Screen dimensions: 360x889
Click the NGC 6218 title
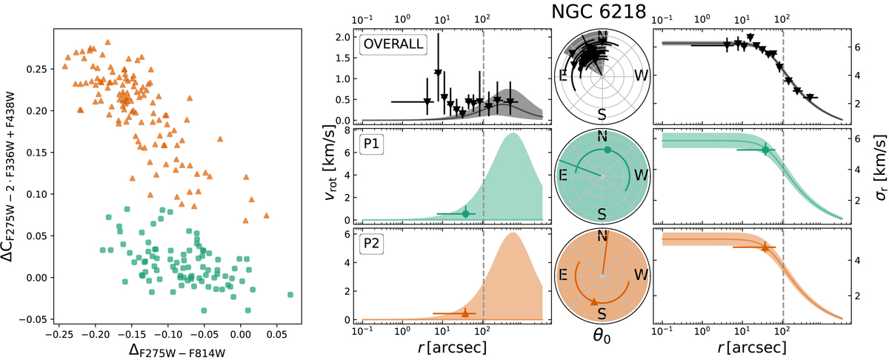click(x=602, y=11)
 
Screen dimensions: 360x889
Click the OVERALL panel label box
click(x=393, y=44)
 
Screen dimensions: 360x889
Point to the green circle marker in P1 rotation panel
click(x=465, y=213)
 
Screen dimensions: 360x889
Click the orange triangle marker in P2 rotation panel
click(x=465, y=314)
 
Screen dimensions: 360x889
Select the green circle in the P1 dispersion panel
click(x=765, y=150)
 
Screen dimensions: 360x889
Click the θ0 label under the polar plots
click(x=602, y=344)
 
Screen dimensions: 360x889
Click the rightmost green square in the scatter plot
click(x=290, y=294)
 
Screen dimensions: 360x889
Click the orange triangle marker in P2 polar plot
click(x=593, y=302)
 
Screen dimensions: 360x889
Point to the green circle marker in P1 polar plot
click(x=607, y=150)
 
